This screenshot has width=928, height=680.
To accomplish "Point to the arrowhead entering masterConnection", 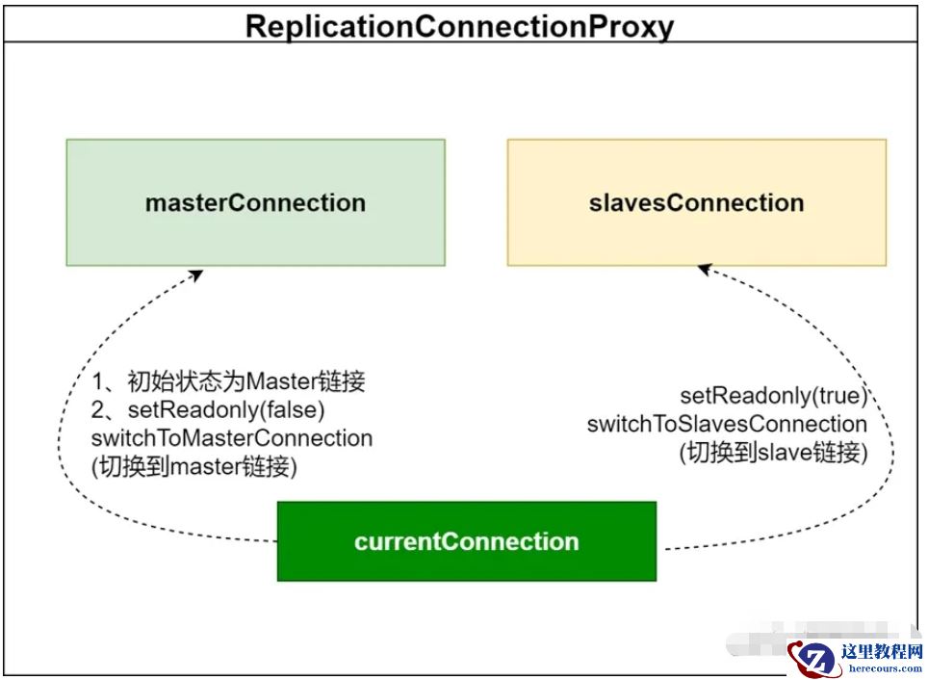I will tap(198, 274).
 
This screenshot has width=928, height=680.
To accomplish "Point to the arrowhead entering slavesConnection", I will tap(703, 269).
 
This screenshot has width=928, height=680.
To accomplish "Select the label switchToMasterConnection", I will tap(231, 438).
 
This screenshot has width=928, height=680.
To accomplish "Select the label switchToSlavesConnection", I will tap(727, 424).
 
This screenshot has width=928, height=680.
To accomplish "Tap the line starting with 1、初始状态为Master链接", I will tap(228, 381).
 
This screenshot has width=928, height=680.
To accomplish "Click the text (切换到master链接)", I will tap(193, 467).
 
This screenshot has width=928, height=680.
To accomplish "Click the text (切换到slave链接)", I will tap(773, 452).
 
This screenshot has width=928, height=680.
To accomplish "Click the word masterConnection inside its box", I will tap(255, 203).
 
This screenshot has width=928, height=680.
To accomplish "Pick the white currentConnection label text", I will tap(466, 541).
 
